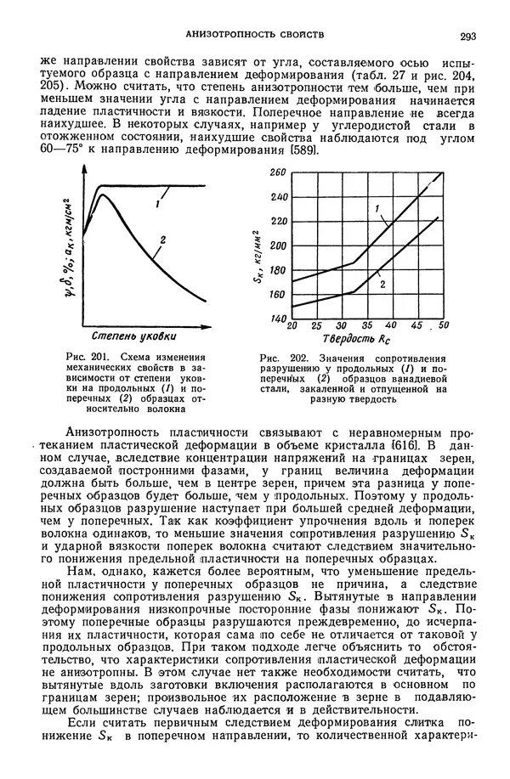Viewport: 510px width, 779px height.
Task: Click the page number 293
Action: point(467,36)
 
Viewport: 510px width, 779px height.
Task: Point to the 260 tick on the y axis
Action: point(278,172)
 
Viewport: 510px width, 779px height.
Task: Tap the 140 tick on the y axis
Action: point(278,319)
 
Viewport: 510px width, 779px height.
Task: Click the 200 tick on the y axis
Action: point(278,246)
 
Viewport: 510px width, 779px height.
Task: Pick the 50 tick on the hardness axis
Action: point(444,326)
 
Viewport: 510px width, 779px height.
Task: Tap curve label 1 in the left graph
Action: point(158,204)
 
